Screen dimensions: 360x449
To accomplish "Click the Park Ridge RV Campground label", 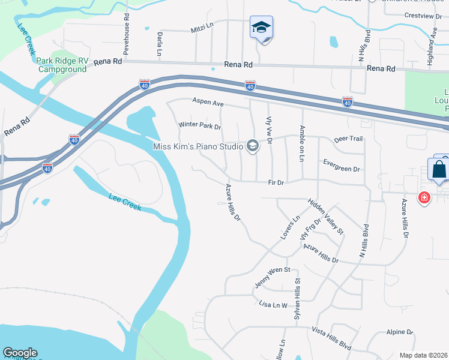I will (62, 65).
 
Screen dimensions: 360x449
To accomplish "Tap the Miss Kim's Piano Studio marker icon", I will (253, 146).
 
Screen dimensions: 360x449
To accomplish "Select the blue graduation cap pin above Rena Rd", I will (261, 28).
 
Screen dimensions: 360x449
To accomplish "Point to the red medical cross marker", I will (424, 197).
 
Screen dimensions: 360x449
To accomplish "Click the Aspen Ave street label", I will (208, 103).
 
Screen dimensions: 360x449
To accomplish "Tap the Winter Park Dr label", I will (200, 127).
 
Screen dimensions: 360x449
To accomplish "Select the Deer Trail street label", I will (348, 139).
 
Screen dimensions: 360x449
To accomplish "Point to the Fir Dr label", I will (276, 182).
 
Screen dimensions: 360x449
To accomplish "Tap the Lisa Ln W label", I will (273, 305).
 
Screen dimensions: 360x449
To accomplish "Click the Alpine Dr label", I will (400, 332).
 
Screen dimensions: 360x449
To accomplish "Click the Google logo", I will (20, 353).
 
